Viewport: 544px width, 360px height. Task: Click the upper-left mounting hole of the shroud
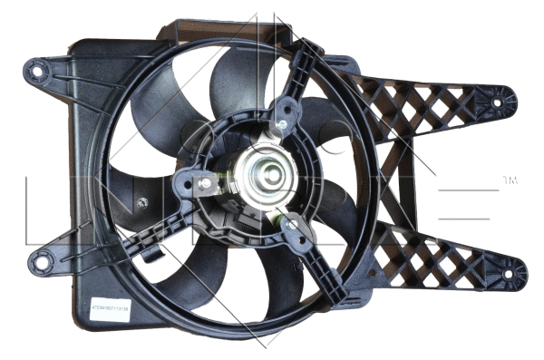38,67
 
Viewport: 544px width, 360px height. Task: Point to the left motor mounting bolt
204,183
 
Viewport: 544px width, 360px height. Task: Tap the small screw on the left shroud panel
142,204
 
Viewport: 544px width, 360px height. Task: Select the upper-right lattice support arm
426,109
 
